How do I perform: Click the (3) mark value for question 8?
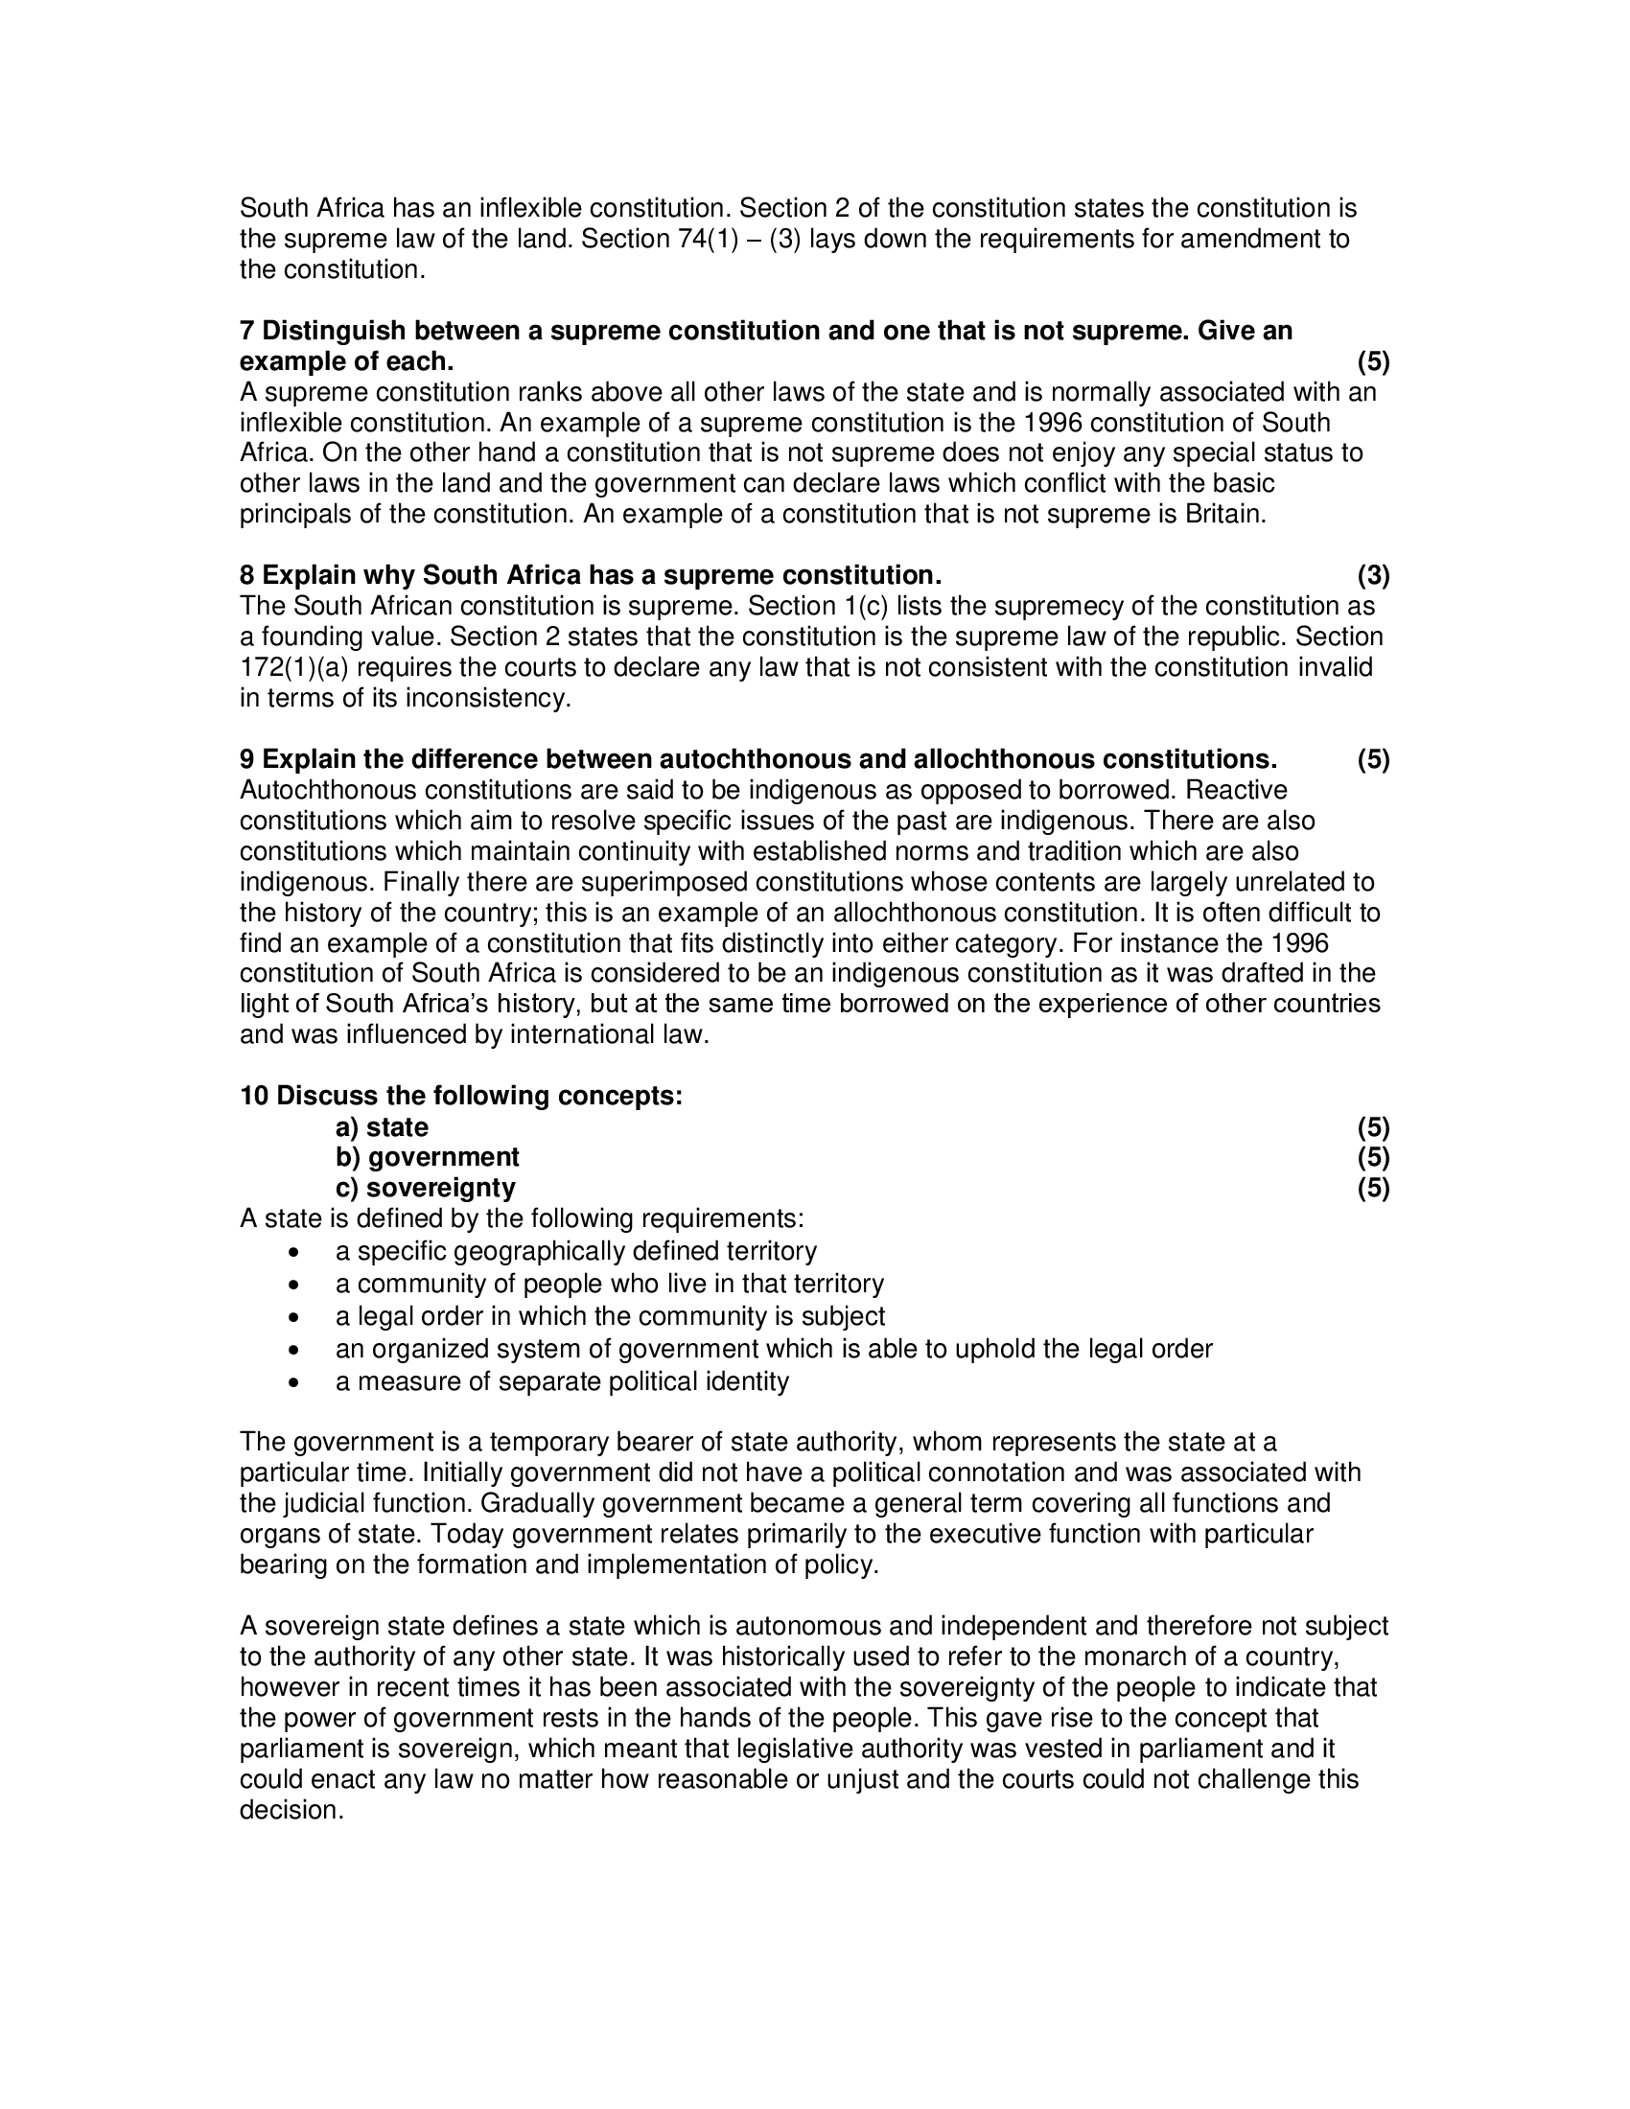1373,575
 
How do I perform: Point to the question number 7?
247,332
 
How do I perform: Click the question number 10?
254,1096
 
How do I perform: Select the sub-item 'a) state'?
382,1127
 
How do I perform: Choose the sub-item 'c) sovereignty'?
425,1188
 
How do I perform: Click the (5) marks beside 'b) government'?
1373,1157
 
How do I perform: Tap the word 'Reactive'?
1236,790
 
